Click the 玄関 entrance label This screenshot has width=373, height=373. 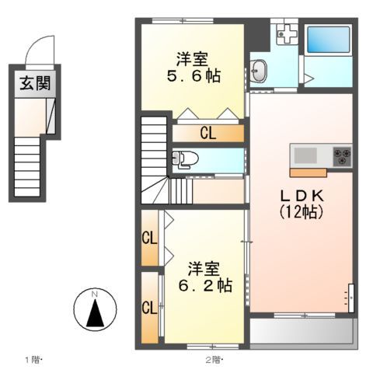pyautogui.click(x=36, y=83)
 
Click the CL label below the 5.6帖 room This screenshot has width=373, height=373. pyautogui.click(x=207, y=133)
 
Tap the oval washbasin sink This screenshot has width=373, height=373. pyautogui.click(x=260, y=72)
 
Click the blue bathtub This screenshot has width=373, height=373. pyautogui.click(x=326, y=40)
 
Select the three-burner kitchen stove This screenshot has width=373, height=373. pyautogui.click(x=342, y=154)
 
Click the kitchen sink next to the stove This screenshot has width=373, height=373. pyautogui.click(x=305, y=154)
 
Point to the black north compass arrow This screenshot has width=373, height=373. pyautogui.click(x=95, y=313)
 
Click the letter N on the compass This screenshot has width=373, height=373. pyautogui.click(x=95, y=294)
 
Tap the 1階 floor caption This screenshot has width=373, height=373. pyautogui.click(x=32, y=359)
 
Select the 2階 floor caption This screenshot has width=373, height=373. pyautogui.click(x=214, y=359)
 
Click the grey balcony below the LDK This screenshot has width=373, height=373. pyautogui.click(x=302, y=332)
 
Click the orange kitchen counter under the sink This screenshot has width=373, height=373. pyautogui.click(x=309, y=171)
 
